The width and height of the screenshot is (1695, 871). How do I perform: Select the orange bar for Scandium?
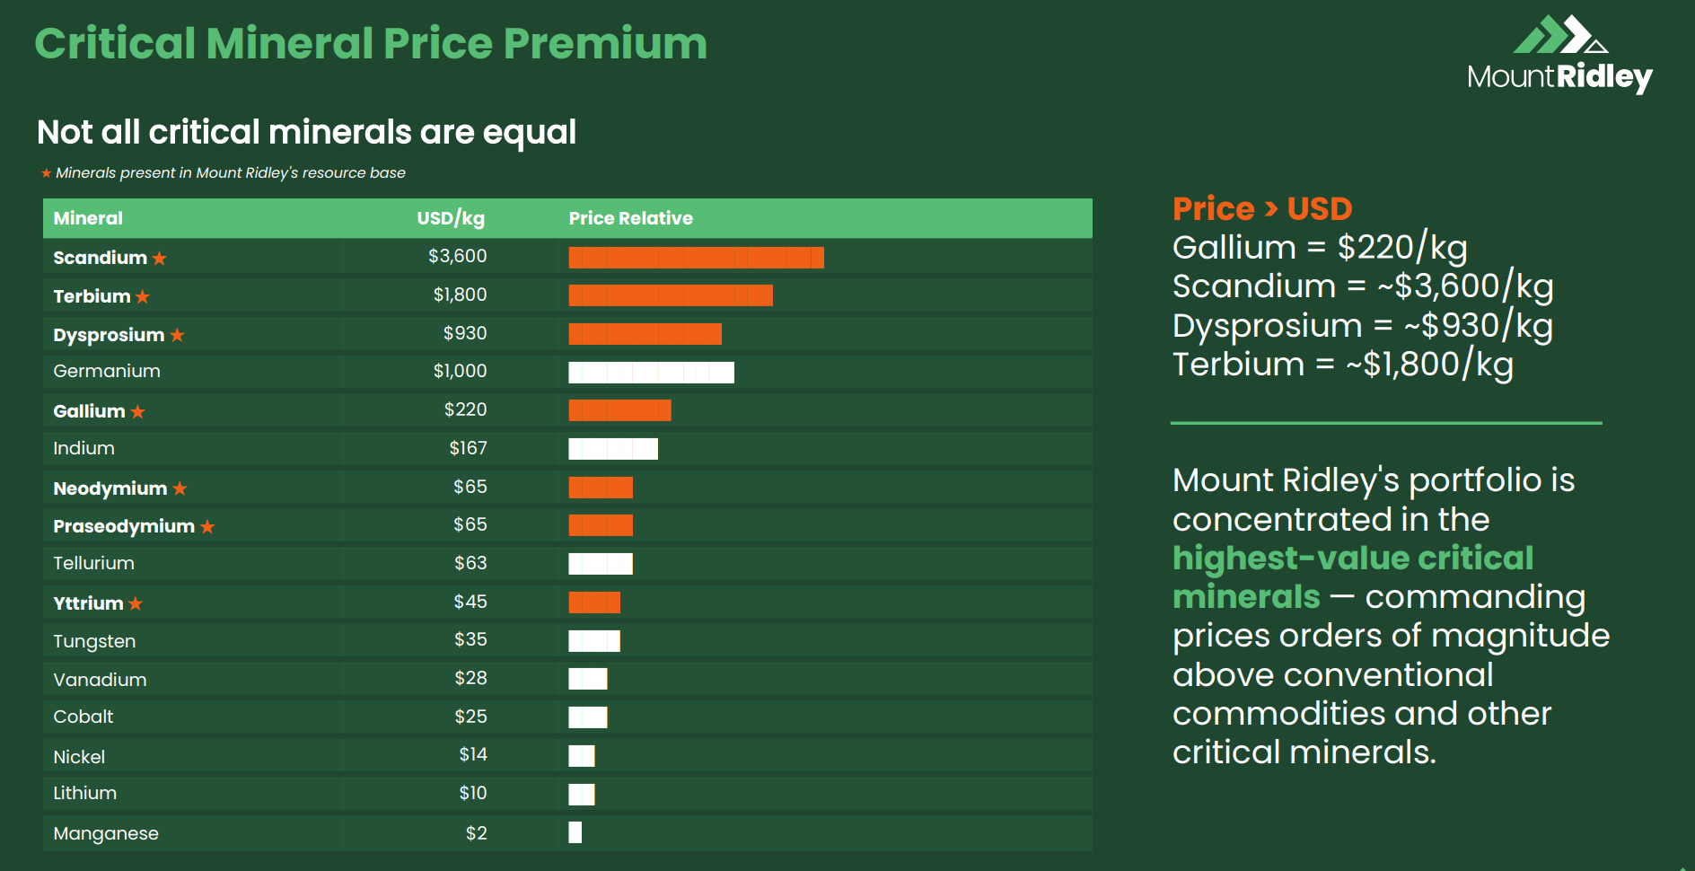[696, 258]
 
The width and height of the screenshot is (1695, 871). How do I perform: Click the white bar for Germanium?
[651, 372]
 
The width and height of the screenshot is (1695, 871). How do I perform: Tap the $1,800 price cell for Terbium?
[460, 295]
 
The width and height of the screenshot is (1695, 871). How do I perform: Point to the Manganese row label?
[106, 833]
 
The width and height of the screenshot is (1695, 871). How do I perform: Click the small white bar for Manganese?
[575, 832]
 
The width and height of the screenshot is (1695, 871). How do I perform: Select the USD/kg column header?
[450, 218]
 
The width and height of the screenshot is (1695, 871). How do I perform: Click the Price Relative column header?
[630, 218]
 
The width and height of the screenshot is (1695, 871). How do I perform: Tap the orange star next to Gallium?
[137, 411]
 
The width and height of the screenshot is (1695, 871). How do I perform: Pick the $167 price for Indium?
[468, 448]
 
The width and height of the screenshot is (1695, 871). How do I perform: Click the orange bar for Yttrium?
[594, 603]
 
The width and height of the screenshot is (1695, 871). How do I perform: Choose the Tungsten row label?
[94, 641]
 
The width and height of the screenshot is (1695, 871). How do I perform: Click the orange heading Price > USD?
[1261, 208]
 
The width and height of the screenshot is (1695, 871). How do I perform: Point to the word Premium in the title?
[605, 43]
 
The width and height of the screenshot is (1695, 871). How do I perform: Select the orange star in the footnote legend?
[46, 172]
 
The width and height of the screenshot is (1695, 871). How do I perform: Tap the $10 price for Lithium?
[472, 793]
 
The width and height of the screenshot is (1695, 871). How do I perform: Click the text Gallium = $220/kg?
[1319, 247]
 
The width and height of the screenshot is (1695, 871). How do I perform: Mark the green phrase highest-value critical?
[1352, 558]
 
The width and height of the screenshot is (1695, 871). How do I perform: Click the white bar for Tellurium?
[601, 564]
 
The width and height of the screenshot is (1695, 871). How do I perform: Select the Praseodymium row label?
[124, 526]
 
